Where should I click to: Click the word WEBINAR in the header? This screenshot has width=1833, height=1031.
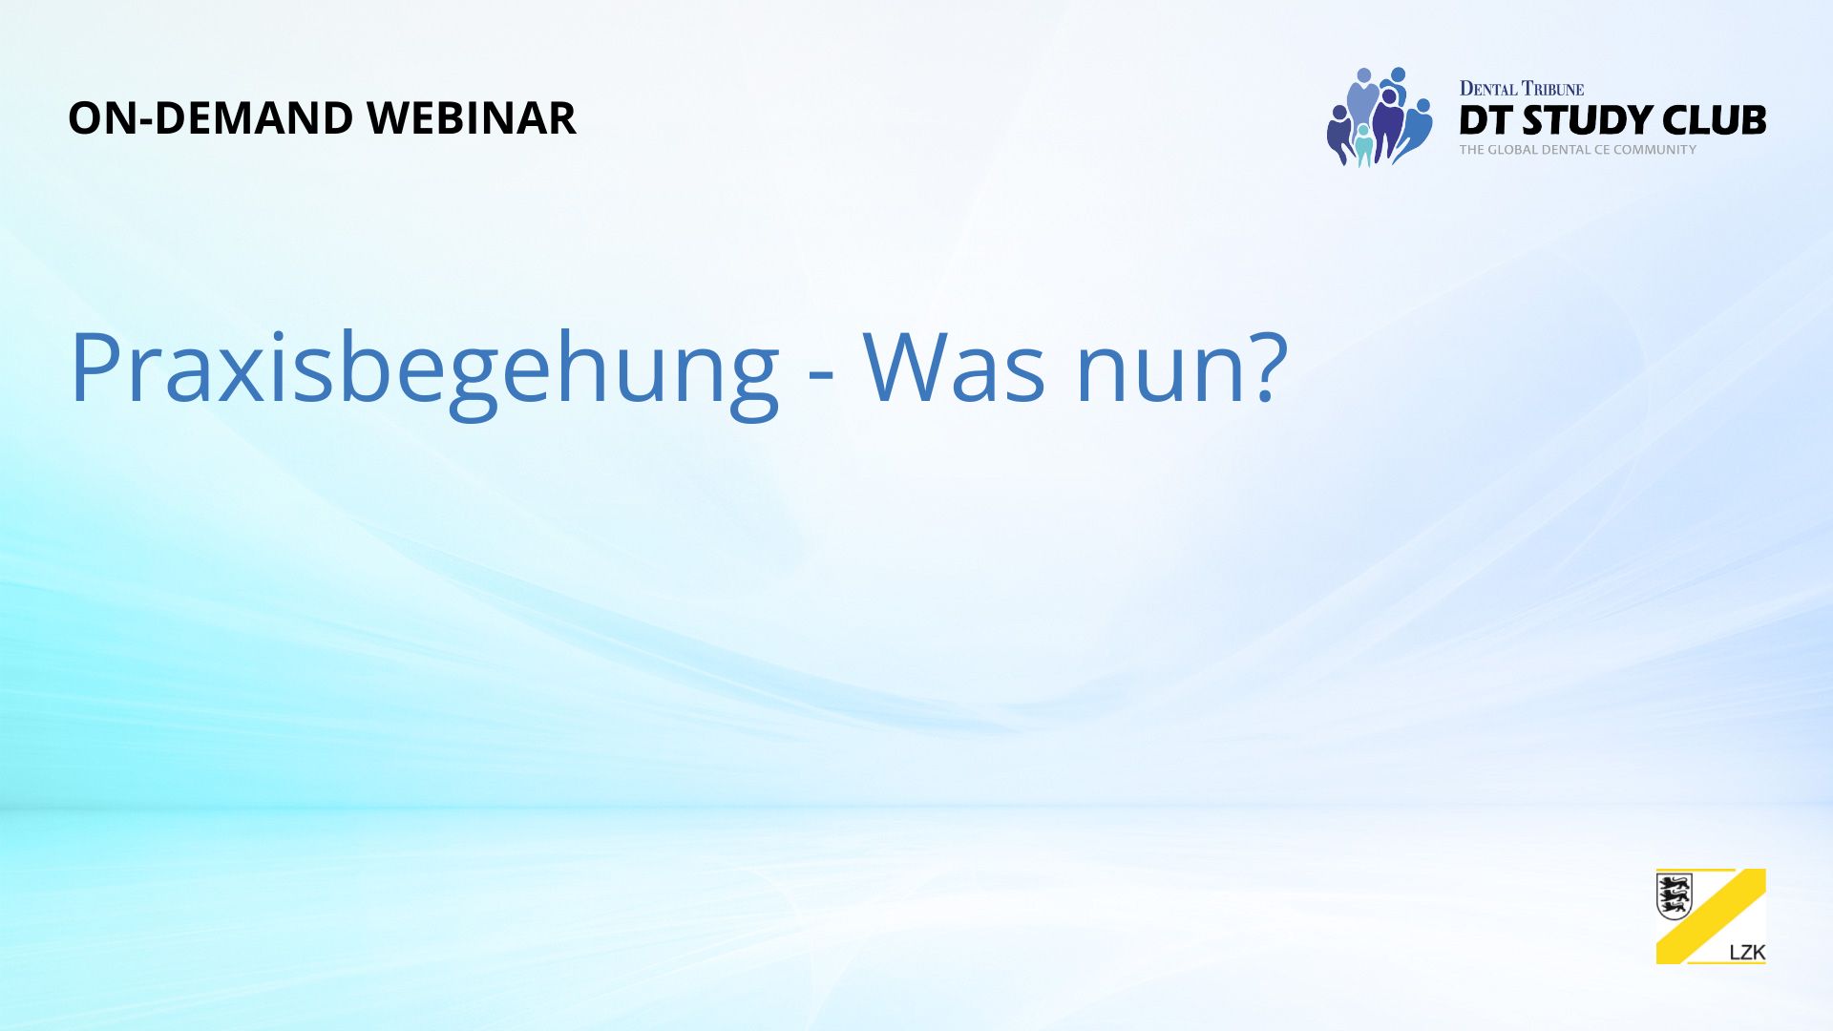pyautogui.click(x=472, y=118)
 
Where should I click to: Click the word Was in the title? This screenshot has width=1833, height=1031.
pyautogui.click(x=955, y=368)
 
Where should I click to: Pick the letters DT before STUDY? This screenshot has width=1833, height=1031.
pyautogui.click(x=1485, y=120)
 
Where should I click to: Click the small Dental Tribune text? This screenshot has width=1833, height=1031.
pyautogui.click(x=1522, y=89)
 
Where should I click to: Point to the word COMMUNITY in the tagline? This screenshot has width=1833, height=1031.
pyautogui.click(x=1655, y=150)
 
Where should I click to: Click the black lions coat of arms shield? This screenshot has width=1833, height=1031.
pyautogui.click(x=1675, y=896)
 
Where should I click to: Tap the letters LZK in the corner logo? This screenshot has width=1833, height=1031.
pyautogui.click(x=1747, y=953)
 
